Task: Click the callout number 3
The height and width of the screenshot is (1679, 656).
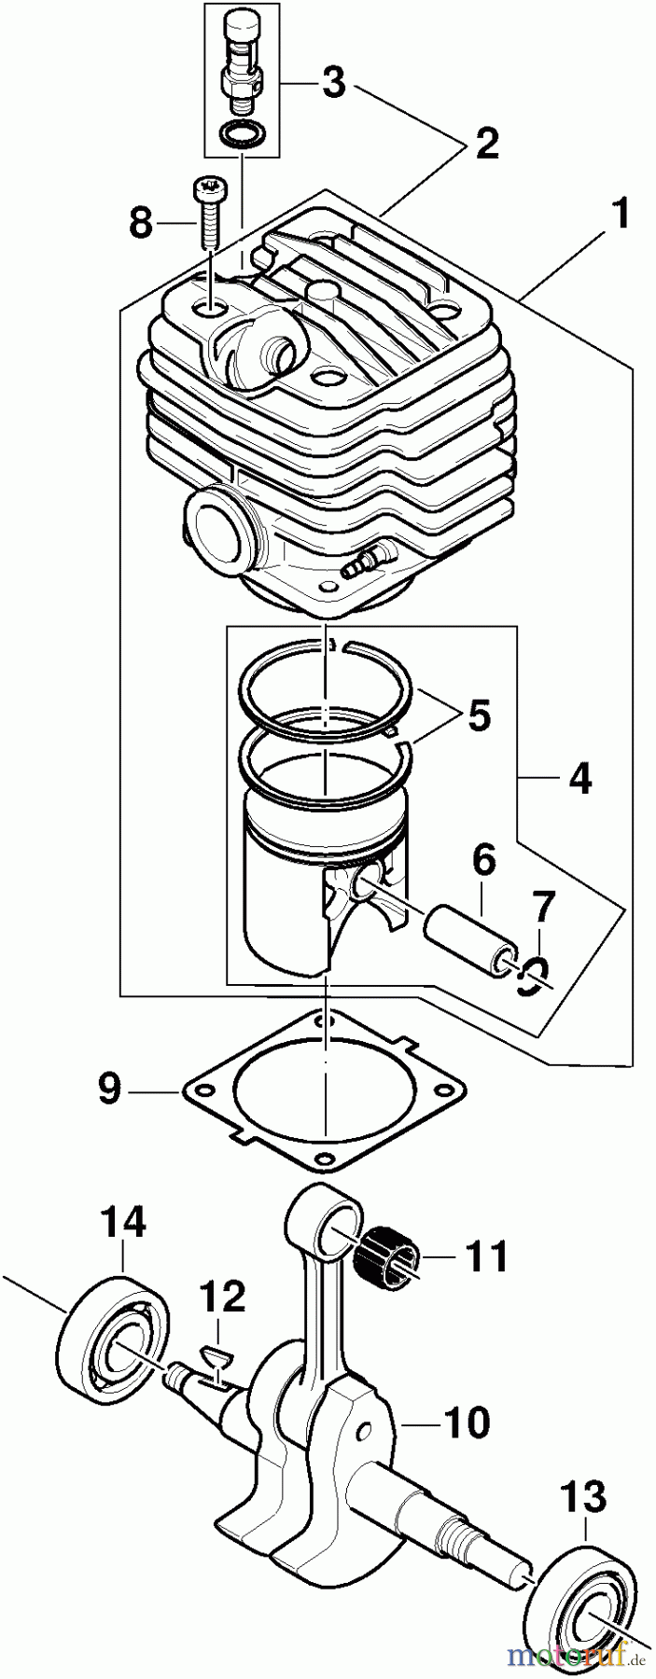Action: [333, 85]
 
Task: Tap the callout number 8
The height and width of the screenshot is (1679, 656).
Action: [139, 223]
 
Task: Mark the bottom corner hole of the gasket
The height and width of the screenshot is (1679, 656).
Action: [323, 1159]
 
